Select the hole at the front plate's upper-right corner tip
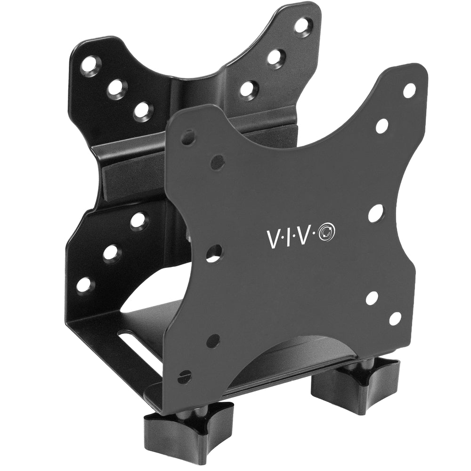(x=409, y=90)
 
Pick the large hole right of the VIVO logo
(x=375, y=213)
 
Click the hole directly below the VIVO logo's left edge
(x=213, y=254)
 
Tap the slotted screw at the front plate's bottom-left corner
(x=185, y=377)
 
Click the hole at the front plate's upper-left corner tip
(x=188, y=138)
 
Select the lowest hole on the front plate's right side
(x=395, y=319)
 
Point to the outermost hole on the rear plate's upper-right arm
(x=302, y=25)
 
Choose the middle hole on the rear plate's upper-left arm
(x=116, y=88)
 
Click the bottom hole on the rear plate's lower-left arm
(x=85, y=284)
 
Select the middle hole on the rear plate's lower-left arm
(x=112, y=253)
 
